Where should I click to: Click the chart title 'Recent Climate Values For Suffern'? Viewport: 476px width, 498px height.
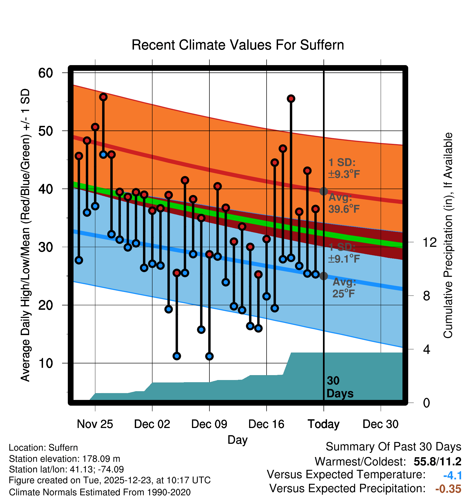click(237, 45)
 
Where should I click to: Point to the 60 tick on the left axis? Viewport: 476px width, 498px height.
click(45, 73)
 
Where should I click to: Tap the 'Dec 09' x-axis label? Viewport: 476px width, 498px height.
click(209, 424)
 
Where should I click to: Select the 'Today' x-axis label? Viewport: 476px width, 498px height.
click(324, 424)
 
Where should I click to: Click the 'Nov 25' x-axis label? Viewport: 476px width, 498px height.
click(95, 424)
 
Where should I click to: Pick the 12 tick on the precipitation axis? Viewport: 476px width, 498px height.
click(429, 242)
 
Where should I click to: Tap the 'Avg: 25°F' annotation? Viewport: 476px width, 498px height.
click(344, 288)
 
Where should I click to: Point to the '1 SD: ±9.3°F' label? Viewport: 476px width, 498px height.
click(344, 168)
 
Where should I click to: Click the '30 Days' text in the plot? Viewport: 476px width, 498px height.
click(340, 387)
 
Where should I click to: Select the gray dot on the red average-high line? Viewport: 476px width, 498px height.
click(324, 191)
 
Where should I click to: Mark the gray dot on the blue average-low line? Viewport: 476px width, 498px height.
click(324, 276)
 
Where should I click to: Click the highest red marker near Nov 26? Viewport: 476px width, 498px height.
click(103, 97)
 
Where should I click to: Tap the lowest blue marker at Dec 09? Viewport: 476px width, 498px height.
click(209, 356)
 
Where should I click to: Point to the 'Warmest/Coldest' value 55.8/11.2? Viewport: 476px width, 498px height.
click(437, 461)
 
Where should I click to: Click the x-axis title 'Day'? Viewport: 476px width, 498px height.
click(237, 440)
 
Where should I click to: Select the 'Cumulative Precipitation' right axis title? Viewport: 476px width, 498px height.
click(448, 235)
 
